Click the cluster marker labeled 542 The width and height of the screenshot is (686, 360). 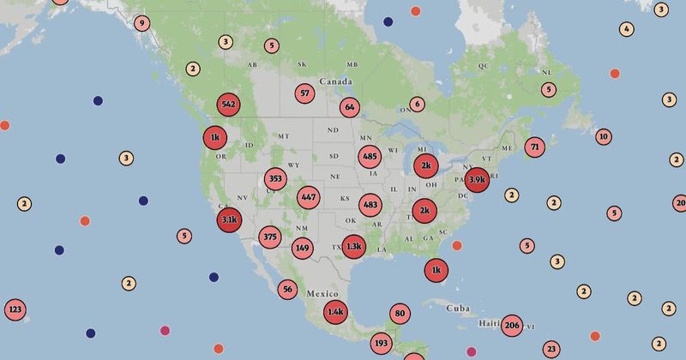pyautogui.click(x=228, y=105)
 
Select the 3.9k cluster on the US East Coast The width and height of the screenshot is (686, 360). pyautogui.click(x=478, y=180)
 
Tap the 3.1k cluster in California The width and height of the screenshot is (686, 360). pyautogui.click(x=229, y=220)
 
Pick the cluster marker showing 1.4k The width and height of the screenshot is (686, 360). pyautogui.click(x=336, y=313)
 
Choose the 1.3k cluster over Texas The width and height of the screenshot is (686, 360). pyautogui.click(x=353, y=247)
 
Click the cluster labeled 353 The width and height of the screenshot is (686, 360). pyautogui.click(x=275, y=179)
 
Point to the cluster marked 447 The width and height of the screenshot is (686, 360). pyautogui.click(x=309, y=197)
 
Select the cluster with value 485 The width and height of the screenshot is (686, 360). pyautogui.click(x=370, y=157)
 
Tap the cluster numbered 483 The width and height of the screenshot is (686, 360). pyautogui.click(x=370, y=205)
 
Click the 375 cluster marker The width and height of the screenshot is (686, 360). pyautogui.click(x=270, y=237)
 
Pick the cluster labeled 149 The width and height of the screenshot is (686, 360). pyautogui.click(x=302, y=249)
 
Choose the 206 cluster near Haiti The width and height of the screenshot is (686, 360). pyautogui.click(x=512, y=325)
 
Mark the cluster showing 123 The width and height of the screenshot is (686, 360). pyautogui.click(x=15, y=309)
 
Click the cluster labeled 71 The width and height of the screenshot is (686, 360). pyautogui.click(x=535, y=147)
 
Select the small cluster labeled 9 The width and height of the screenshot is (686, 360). pyautogui.click(x=141, y=23)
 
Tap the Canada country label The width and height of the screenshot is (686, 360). pyautogui.click(x=335, y=81)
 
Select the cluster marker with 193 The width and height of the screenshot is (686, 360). pyautogui.click(x=382, y=344)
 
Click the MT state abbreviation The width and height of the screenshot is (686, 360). pyautogui.click(x=285, y=136)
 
